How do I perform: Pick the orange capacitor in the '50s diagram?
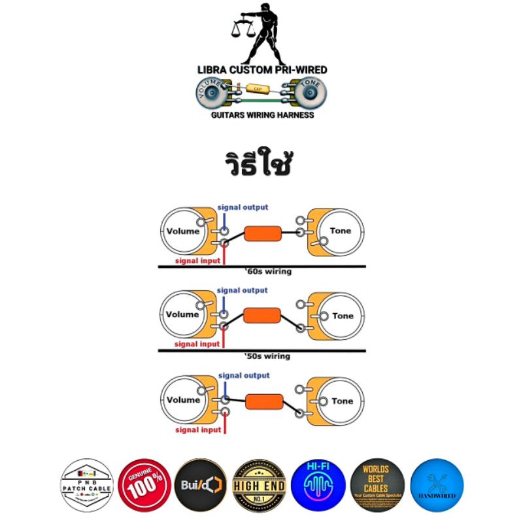point(262,315)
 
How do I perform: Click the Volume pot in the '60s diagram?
point(184,231)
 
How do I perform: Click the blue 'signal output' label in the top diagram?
point(243,207)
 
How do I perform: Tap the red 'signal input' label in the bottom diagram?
point(198,430)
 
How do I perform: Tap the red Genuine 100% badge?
point(145,485)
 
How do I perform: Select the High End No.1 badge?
point(259,485)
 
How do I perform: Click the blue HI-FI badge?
point(318,485)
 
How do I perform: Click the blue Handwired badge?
point(435,485)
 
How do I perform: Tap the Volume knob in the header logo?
point(212,93)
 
